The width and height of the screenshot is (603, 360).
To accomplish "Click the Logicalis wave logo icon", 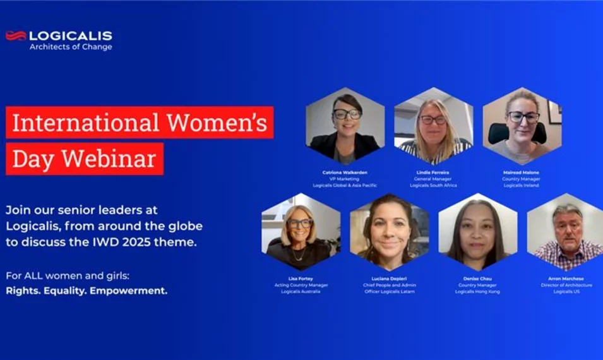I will tap(16, 36).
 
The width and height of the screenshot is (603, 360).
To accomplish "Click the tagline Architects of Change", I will tap(71, 47).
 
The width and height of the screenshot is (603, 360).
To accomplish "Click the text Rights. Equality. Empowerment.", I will tap(87, 291).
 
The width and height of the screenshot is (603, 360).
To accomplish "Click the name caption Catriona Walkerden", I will tap(345, 172).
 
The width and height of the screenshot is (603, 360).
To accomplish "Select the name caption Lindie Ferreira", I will tap(433, 172).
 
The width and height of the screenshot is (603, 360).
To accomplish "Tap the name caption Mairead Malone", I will tap(522, 172).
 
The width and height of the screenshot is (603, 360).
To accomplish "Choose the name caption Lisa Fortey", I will tap(301, 278).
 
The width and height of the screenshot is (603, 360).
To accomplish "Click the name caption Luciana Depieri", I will tap(390, 278).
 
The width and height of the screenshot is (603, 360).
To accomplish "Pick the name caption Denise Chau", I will tap(477, 278).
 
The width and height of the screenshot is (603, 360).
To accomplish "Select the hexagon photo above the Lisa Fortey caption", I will tap(301, 232).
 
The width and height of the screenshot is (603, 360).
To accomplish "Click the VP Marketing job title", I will tap(345, 179).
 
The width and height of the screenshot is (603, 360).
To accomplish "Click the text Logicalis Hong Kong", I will tap(477, 292).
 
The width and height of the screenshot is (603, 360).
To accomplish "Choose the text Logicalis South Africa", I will tap(433, 186).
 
